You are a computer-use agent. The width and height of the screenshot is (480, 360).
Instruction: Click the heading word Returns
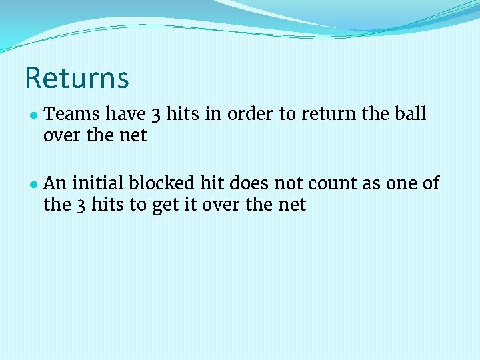[77, 78]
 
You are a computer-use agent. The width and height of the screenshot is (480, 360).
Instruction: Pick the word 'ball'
[411, 115]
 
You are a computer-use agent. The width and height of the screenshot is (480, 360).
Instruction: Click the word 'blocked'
[160, 183]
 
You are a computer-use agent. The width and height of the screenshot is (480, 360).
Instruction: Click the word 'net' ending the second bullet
[292, 205]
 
